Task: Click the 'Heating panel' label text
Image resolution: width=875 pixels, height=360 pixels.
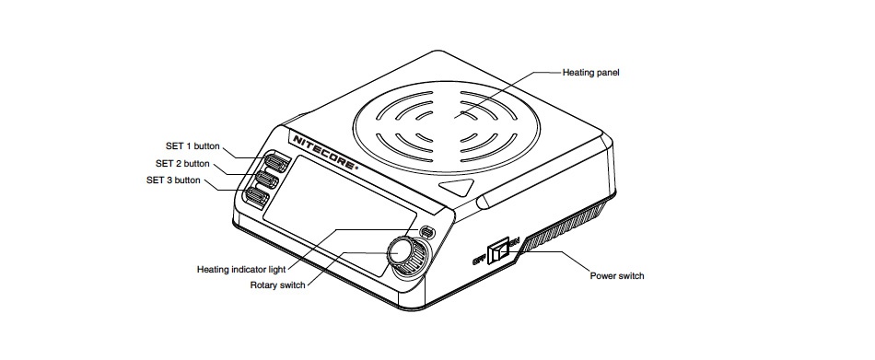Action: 591,73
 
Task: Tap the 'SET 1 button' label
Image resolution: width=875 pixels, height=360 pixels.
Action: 192,146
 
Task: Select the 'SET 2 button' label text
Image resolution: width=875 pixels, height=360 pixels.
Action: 182,164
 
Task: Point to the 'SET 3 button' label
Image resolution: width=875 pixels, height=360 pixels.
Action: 173,180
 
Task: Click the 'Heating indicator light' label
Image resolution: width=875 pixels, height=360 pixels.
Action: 241,270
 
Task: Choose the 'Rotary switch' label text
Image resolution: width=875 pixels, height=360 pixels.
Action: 278,285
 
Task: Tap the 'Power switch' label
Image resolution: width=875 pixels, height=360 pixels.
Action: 617,275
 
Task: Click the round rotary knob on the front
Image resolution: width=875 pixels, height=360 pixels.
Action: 401,251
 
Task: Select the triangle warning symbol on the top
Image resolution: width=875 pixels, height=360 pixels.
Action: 459,187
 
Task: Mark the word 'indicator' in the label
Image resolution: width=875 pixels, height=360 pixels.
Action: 250,270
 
